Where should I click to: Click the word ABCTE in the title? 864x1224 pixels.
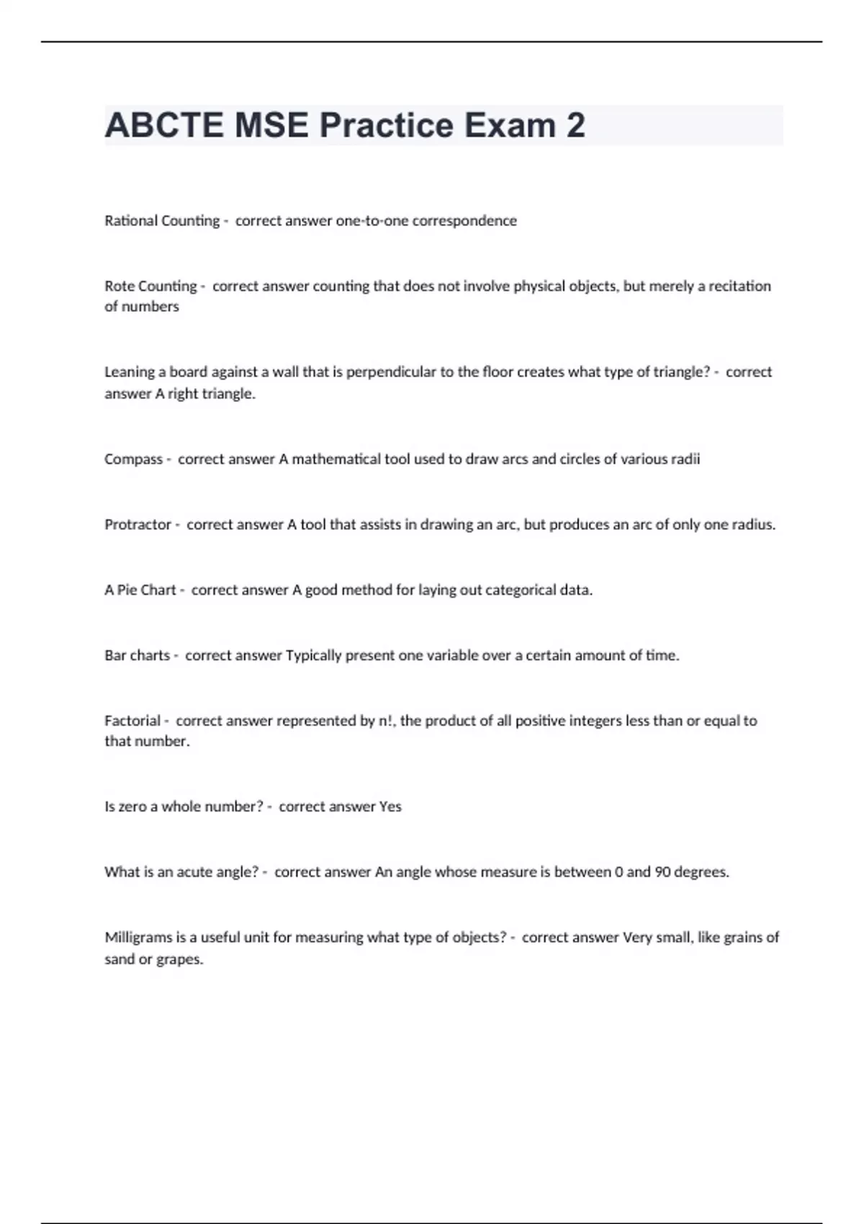point(164,125)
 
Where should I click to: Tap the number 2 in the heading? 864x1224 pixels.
point(575,125)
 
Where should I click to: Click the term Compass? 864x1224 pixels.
point(133,459)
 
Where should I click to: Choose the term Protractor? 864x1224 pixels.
point(138,525)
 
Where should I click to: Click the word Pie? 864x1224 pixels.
point(127,590)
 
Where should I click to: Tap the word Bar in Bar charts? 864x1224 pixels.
point(115,656)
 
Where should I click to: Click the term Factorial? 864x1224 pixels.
point(132,721)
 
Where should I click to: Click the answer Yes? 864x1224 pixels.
point(390,807)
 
